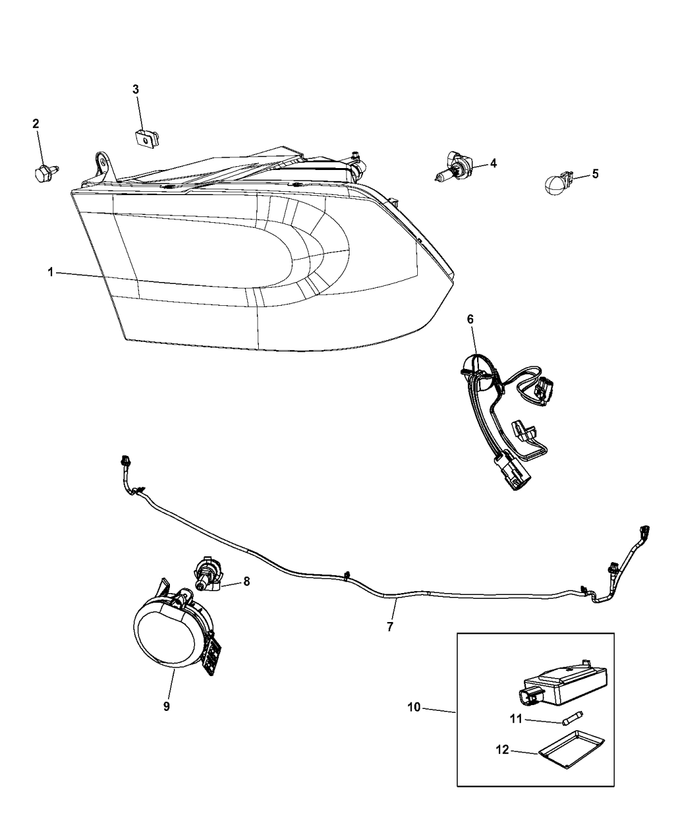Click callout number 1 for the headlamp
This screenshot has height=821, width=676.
(50, 273)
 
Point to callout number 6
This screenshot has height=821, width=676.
(470, 319)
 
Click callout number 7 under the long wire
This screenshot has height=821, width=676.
(390, 625)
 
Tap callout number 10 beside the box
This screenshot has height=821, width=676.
(413, 707)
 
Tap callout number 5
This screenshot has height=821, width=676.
(595, 173)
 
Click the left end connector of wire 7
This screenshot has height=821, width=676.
(126, 462)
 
